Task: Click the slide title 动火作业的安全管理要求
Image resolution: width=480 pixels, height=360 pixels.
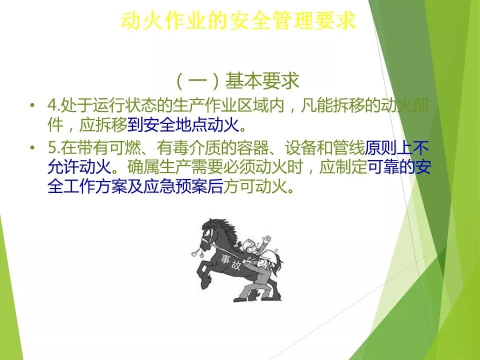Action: click(238, 21)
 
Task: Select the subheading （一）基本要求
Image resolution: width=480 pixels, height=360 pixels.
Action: click(237, 81)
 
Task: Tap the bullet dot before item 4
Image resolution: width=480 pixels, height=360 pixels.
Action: click(32, 105)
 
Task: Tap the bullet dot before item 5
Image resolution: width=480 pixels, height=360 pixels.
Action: click(32, 148)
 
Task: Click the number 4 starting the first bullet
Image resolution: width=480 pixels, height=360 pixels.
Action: click(52, 105)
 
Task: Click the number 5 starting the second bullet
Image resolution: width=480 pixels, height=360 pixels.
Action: click(52, 148)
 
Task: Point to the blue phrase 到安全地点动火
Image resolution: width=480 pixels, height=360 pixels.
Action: click(183, 125)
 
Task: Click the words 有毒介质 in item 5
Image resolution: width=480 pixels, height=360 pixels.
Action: click(188, 147)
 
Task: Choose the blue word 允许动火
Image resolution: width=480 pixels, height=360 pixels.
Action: click(79, 167)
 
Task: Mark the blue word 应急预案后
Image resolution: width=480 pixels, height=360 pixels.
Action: click(183, 186)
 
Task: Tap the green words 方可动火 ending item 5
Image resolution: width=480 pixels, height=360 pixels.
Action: click(254, 186)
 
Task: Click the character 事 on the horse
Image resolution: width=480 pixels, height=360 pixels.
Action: click(226, 259)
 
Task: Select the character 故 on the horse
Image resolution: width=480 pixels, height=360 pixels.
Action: click(235, 265)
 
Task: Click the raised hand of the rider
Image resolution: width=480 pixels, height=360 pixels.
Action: click(267, 239)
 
